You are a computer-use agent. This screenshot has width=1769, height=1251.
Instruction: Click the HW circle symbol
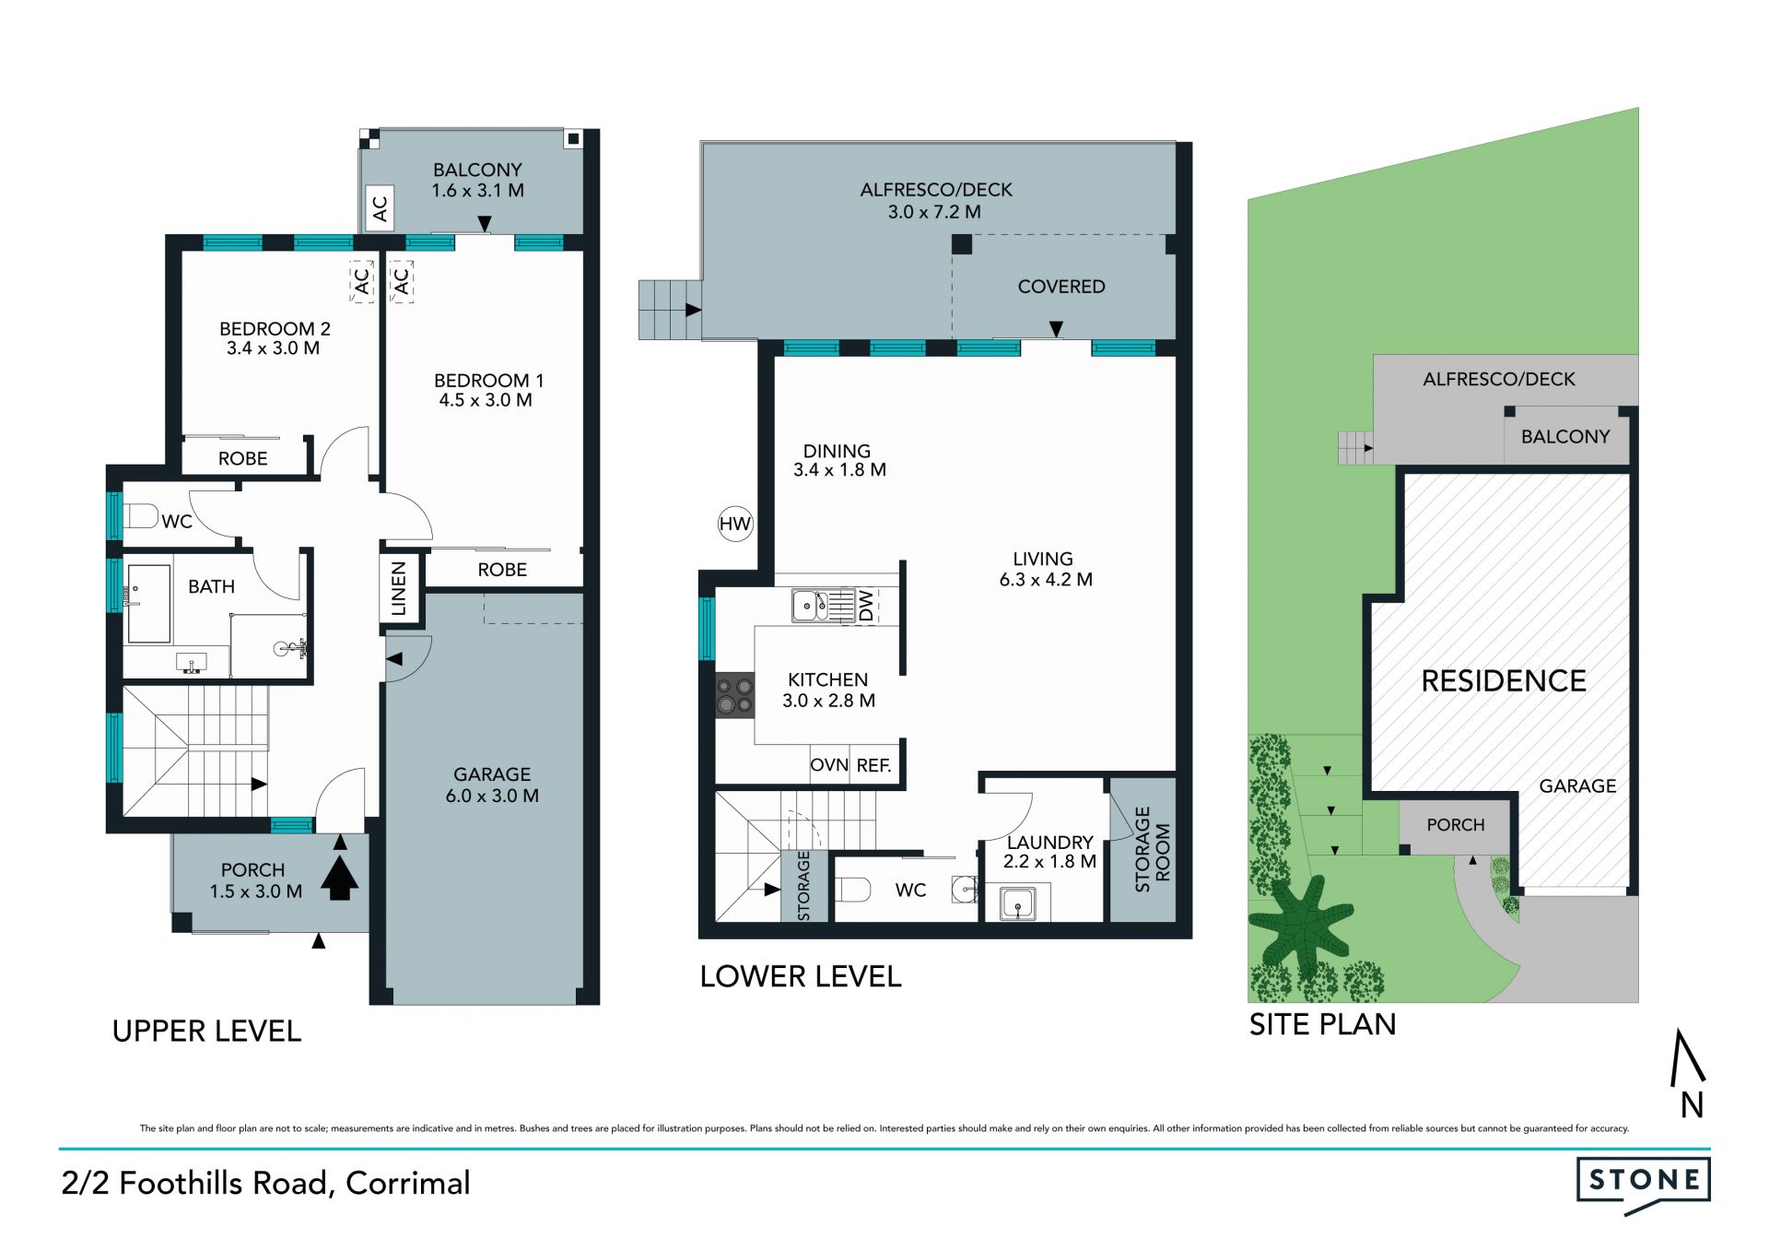(x=735, y=525)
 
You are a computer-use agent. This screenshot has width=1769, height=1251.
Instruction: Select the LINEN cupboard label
(x=399, y=588)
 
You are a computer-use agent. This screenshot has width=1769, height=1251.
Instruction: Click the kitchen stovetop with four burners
(x=734, y=695)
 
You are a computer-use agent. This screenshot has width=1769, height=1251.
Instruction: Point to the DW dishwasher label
(x=866, y=606)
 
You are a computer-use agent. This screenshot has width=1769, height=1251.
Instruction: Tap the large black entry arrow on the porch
(x=340, y=878)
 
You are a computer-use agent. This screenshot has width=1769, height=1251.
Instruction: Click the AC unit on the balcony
(x=380, y=208)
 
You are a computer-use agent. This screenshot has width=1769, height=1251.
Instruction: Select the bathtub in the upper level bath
(x=148, y=604)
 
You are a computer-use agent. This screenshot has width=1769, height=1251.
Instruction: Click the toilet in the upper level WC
(x=139, y=516)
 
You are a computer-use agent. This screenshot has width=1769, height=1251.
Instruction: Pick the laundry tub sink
(x=1018, y=903)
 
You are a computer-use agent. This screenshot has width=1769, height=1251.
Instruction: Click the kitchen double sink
(x=823, y=606)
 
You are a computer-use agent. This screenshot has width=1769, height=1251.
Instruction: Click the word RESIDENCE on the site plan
(x=1504, y=681)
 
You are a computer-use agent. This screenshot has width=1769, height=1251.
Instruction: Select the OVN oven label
(x=829, y=765)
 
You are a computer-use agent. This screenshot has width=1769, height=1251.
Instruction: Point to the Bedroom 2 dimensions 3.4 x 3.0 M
(x=274, y=348)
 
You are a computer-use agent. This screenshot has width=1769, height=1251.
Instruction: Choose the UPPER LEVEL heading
(x=207, y=1031)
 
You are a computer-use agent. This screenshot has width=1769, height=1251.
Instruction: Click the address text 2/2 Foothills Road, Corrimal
(x=266, y=1184)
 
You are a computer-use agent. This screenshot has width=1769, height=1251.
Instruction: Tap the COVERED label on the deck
(x=1061, y=287)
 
